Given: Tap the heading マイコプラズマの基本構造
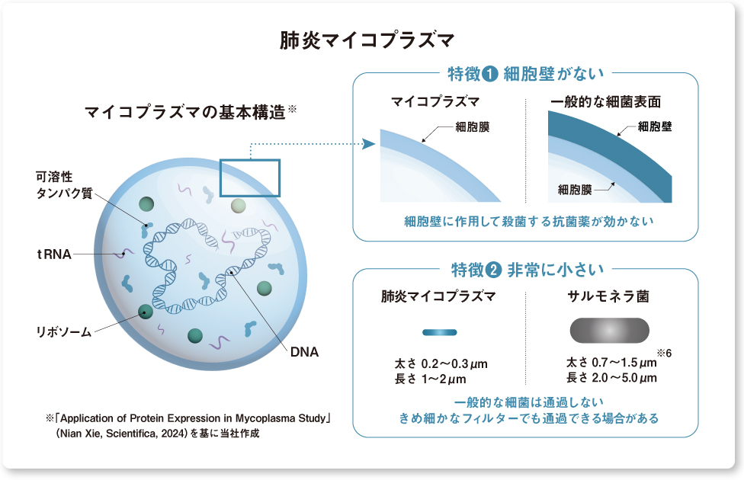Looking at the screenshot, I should (186, 114).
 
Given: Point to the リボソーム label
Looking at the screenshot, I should (64, 331).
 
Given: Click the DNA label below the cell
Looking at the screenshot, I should (303, 352).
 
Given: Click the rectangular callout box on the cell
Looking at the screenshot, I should (250, 178).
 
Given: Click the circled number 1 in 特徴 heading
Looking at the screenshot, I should (491, 75).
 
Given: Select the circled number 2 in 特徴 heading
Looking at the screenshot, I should (491, 270).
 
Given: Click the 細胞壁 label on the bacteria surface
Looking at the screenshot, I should (655, 126).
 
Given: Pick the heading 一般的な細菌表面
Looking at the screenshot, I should (605, 101).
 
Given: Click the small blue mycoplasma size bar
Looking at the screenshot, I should (439, 332).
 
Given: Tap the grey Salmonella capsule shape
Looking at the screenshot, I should (609, 329).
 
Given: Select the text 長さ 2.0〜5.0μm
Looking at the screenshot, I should (611, 378).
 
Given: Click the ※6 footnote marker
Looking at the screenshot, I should (662, 351).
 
